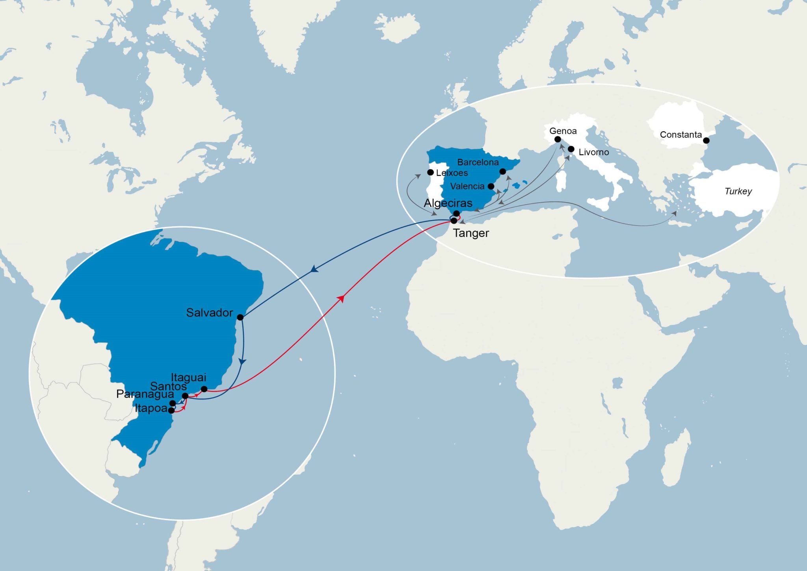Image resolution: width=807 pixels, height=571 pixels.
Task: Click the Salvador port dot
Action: point(240,317)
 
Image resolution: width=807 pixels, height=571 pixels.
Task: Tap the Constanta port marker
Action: point(706,140)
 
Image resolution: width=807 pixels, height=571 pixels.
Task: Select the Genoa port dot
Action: point(558,139)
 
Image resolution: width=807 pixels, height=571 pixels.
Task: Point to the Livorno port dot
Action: point(571,149)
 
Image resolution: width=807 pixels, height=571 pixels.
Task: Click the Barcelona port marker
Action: point(502,172)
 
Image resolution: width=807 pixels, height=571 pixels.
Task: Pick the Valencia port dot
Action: point(491,186)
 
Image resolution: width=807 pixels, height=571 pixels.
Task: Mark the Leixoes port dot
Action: point(431,172)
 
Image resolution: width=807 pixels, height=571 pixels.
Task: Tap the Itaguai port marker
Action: point(204,389)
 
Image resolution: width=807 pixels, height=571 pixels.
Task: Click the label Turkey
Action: point(738,192)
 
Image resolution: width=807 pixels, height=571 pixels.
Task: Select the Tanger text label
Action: point(471,233)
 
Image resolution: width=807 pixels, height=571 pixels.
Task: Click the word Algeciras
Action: point(448,203)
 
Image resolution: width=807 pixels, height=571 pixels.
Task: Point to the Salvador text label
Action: point(209,313)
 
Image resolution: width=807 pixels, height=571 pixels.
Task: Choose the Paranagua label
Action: point(145,394)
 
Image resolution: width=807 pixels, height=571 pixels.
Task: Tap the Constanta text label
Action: point(681,135)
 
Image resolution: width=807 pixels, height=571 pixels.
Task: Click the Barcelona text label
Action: point(478,162)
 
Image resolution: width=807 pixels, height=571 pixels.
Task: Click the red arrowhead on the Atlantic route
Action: point(342,299)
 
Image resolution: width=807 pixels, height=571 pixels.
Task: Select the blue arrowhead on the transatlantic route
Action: point(314,270)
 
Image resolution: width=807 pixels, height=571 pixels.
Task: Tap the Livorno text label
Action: point(594,152)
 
